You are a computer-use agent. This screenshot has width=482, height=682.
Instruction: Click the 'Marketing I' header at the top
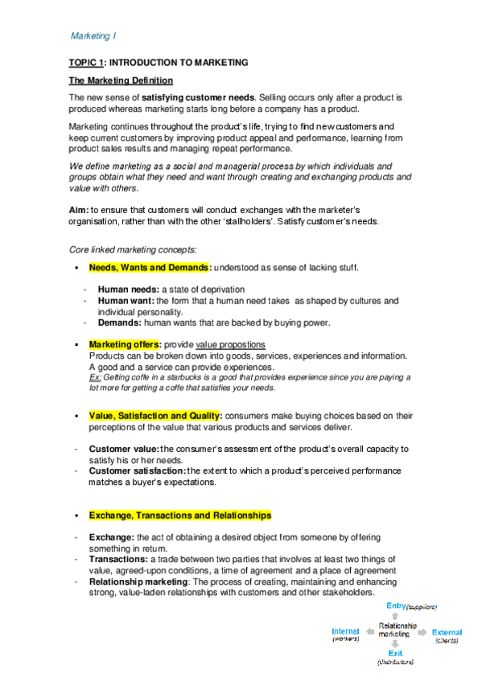tap(93, 37)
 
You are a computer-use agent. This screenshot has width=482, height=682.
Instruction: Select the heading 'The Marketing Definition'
tap(120, 80)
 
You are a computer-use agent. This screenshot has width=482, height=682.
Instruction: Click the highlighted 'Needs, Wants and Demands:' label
tap(150, 268)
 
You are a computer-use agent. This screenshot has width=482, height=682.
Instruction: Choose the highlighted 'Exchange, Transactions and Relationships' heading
tap(179, 516)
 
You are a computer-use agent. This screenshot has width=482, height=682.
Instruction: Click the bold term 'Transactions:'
tap(118, 559)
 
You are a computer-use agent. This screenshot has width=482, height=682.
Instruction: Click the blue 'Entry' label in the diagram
tap(396, 606)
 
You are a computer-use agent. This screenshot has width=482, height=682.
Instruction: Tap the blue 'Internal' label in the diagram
tap(346, 632)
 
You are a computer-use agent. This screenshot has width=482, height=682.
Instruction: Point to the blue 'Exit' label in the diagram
tap(395, 654)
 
